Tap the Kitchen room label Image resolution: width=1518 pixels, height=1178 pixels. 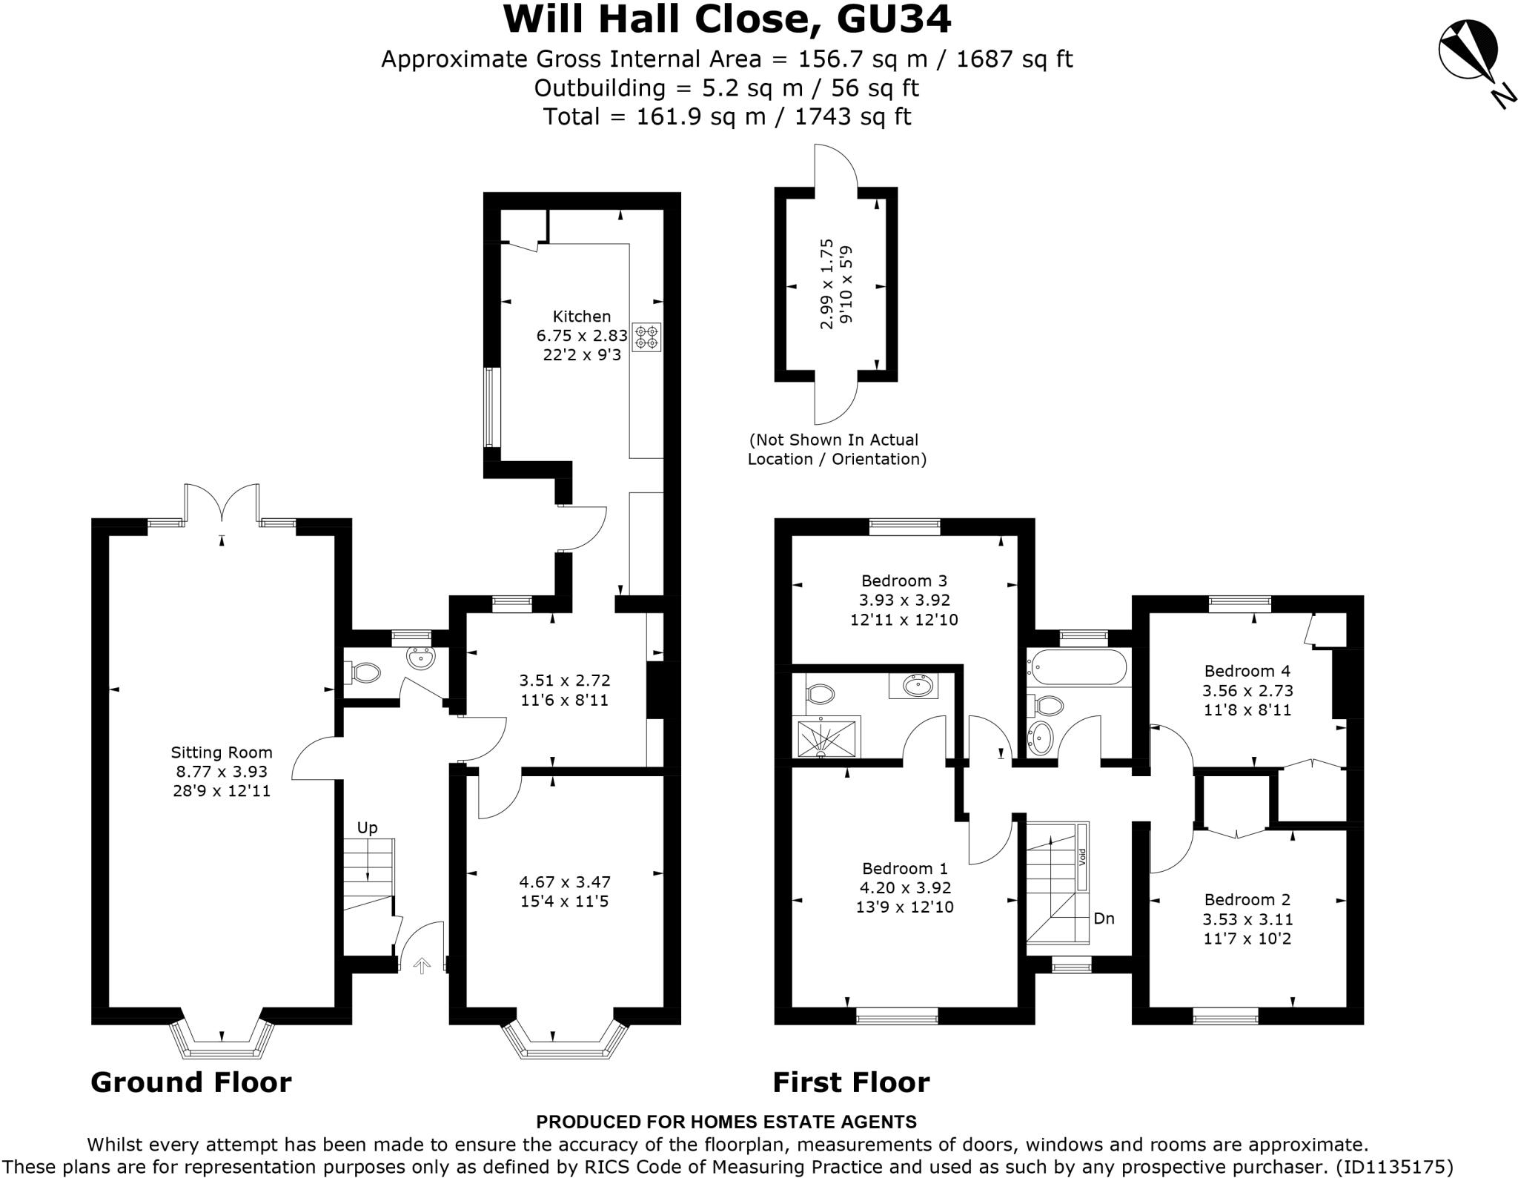pos(582,317)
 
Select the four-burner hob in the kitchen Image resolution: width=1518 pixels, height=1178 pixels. pos(646,337)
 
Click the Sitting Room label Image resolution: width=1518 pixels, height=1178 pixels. pos(222,752)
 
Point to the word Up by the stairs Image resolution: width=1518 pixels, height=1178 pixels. pos(368,827)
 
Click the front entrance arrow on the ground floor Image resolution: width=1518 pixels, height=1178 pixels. pos(422,965)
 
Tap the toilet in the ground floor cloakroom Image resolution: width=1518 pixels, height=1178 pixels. pos(362,672)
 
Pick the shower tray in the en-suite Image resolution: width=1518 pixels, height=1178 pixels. pos(826,738)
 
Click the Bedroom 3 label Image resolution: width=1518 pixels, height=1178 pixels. pos(904,580)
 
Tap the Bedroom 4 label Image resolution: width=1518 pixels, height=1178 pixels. pos(1247,671)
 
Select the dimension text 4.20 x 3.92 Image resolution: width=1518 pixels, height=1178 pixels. pos(905,887)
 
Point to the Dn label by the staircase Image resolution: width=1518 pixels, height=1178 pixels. pos(1104,919)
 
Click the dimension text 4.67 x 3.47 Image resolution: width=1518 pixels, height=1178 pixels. pos(565,882)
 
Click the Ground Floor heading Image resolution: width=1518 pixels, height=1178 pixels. pos(191,1082)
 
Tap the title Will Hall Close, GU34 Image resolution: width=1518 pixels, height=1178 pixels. pos(727,19)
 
